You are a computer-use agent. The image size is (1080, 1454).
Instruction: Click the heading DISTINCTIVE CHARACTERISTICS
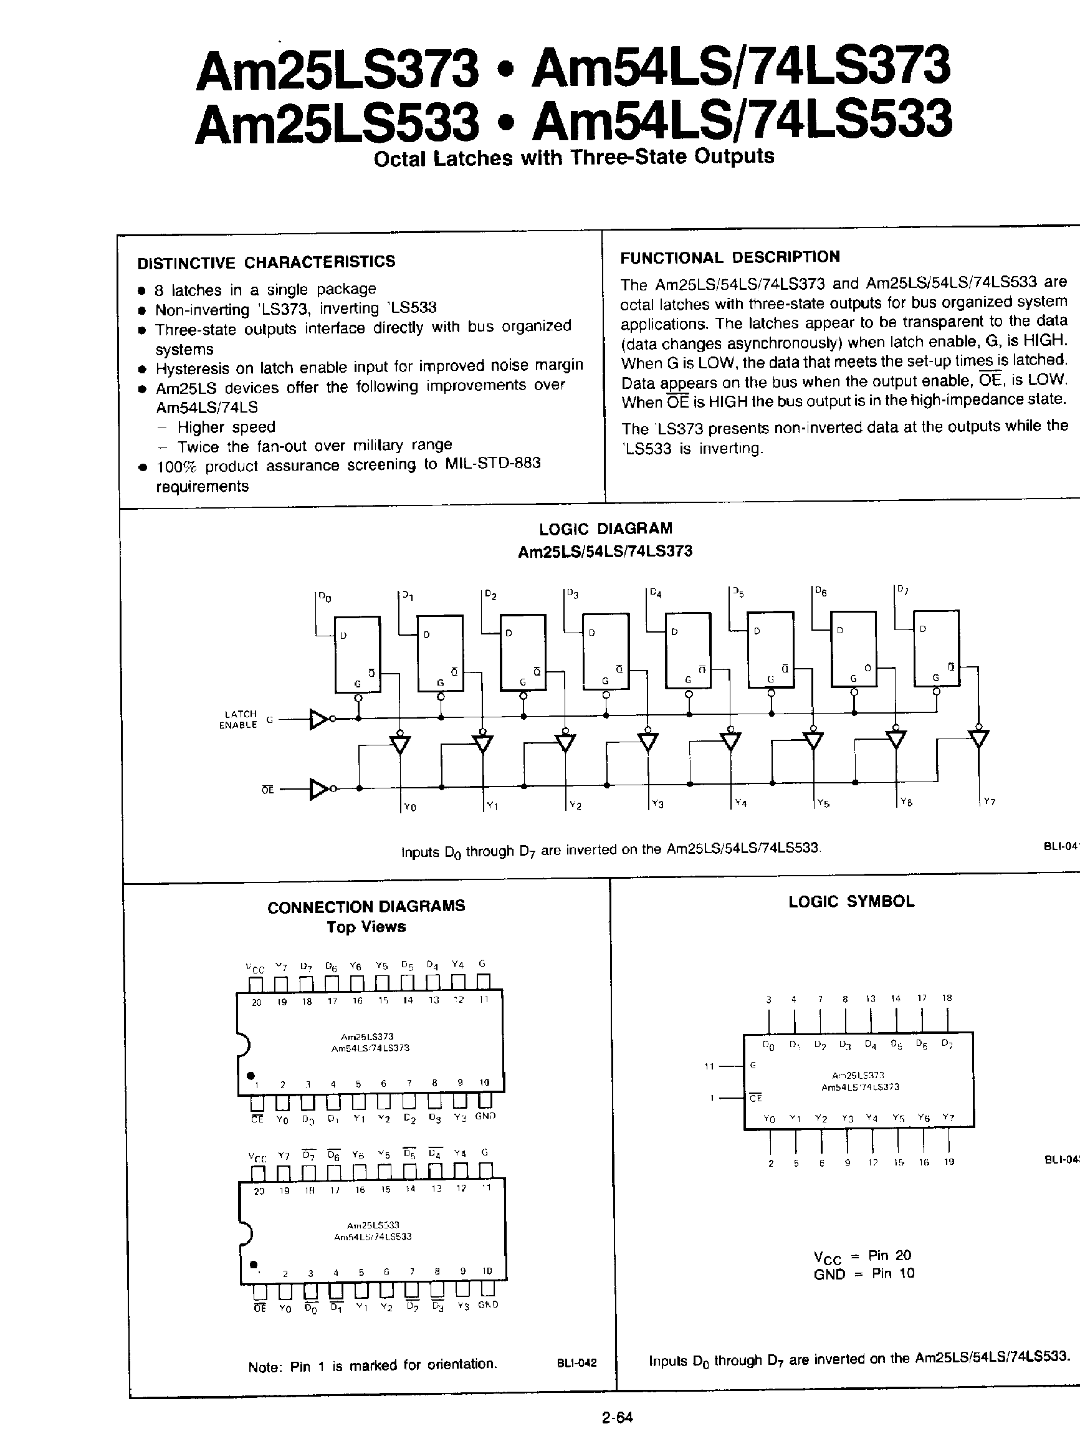[x=266, y=262]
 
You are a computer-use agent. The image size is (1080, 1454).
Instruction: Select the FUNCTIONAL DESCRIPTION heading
[x=730, y=257]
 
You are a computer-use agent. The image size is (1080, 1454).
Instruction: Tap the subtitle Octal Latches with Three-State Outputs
[x=573, y=158]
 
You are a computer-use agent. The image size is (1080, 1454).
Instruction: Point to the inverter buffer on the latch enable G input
[x=319, y=719]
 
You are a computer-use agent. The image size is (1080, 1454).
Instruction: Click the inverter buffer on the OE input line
[x=319, y=789]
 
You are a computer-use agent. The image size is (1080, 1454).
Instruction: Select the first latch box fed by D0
[x=358, y=654]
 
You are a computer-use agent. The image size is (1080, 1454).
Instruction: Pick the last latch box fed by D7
[x=935, y=649]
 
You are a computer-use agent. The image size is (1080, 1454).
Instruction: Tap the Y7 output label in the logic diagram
[x=989, y=801]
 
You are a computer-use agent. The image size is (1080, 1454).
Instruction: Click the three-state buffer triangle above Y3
[x=648, y=742]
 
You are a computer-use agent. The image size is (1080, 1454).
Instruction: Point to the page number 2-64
[x=618, y=1417]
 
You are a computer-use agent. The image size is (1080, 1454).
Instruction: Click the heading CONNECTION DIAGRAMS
[x=366, y=906]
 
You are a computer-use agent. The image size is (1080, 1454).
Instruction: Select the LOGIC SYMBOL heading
[x=851, y=902]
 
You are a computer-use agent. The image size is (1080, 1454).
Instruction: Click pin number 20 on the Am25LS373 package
[x=256, y=1002]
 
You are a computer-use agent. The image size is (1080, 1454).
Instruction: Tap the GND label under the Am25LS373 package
[x=485, y=1116]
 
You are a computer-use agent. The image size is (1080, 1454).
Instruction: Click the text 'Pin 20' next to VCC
[x=889, y=1255]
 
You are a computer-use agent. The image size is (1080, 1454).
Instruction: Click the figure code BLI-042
[x=576, y=1363]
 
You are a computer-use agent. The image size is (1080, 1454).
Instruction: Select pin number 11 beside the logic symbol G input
[x=709, y=1066]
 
